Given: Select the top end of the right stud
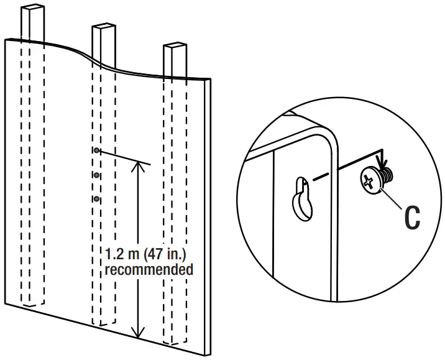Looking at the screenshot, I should tap(176, 47).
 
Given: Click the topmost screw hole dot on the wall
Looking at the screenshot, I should tap(96, 151).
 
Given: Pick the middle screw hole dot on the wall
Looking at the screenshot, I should tap(97, 175).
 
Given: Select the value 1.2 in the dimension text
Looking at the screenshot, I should tap(115, 255).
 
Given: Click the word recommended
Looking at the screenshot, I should tap(149, 270).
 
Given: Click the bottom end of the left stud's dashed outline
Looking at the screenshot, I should tap(32, 305).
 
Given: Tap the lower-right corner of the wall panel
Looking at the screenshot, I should tap(218, 356).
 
